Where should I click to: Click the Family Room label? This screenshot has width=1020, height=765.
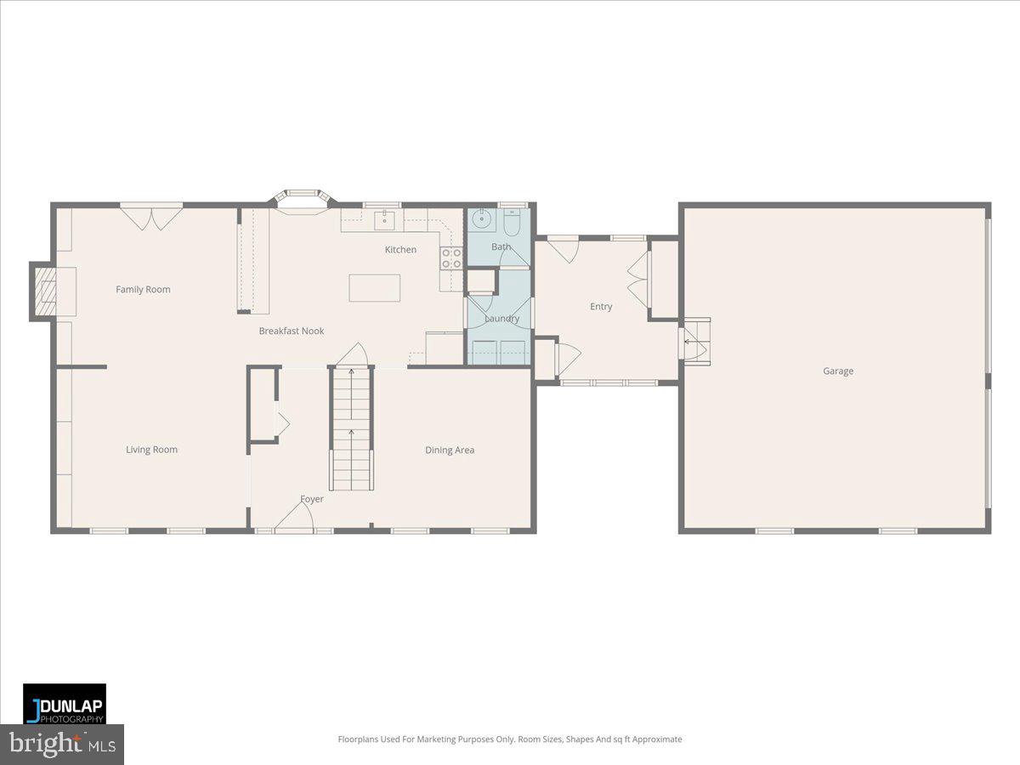coord(143,290)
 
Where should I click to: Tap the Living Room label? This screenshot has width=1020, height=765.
coord(151,450)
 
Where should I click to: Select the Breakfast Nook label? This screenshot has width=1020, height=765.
coord(291,331)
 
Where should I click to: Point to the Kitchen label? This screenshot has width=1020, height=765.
coord(400,250)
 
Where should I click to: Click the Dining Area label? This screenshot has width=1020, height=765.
coord(450,450)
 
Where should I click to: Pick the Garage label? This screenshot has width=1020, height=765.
coord(837,371)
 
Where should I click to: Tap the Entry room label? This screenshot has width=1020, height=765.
coord(601,307)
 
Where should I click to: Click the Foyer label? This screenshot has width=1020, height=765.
coord(312,500)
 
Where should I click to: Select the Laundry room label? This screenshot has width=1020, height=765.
coord(501,319)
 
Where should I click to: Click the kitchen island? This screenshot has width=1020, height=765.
coord(374,287)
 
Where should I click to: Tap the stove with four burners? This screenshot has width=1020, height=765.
coord(450,258)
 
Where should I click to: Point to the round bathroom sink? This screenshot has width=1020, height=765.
coord(482,220)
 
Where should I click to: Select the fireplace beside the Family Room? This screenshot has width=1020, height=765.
coord(45,292)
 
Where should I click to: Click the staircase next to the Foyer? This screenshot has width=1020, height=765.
coord(351,429)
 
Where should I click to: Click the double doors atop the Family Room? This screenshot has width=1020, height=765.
coord(150,216)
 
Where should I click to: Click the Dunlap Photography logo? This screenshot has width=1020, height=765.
coord(65,704)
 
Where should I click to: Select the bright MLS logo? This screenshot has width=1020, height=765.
coord(61,745)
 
